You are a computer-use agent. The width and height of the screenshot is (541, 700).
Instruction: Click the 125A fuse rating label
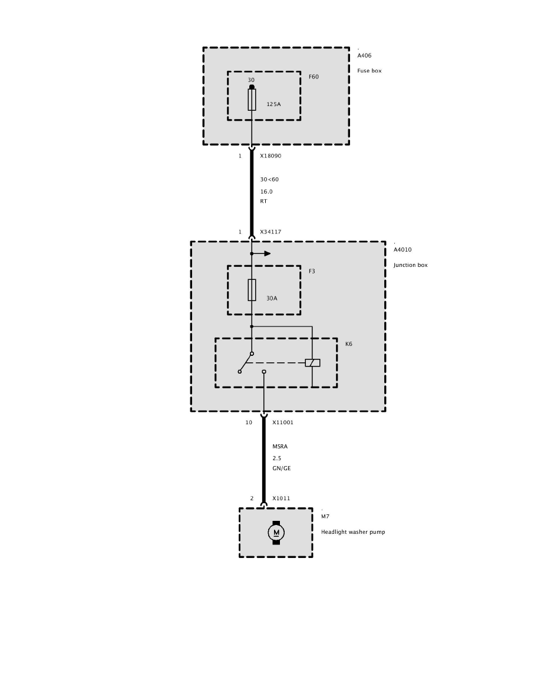273,104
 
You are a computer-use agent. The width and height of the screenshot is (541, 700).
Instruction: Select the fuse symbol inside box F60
252,100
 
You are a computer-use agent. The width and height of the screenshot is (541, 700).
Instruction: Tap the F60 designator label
314,77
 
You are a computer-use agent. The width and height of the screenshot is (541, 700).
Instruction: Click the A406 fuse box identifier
364,55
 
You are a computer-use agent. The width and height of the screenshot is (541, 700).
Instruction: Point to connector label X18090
270,156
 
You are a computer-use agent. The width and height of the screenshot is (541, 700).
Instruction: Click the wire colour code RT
263,201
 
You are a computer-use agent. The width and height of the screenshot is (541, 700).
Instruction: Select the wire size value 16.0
266,191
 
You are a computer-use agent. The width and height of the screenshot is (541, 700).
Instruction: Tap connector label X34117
270,232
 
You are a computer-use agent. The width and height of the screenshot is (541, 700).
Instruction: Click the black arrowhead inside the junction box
267,253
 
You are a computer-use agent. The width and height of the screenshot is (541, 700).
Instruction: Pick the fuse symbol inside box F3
252,289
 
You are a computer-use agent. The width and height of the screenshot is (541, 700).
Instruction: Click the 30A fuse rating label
271,298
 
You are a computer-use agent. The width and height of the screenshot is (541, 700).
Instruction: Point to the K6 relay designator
349,344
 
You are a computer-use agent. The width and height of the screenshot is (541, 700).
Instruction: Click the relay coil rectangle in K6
312,363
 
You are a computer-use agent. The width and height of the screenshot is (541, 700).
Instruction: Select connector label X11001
283,422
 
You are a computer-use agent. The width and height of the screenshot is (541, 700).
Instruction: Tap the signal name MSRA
280,447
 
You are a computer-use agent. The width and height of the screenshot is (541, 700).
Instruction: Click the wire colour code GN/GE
281,468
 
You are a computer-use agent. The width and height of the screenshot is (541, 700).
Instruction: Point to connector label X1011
281,498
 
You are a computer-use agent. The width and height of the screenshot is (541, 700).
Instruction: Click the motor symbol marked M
276,533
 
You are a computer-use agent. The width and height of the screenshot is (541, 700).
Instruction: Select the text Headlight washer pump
353,532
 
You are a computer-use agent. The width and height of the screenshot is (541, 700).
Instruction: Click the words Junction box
411,265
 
